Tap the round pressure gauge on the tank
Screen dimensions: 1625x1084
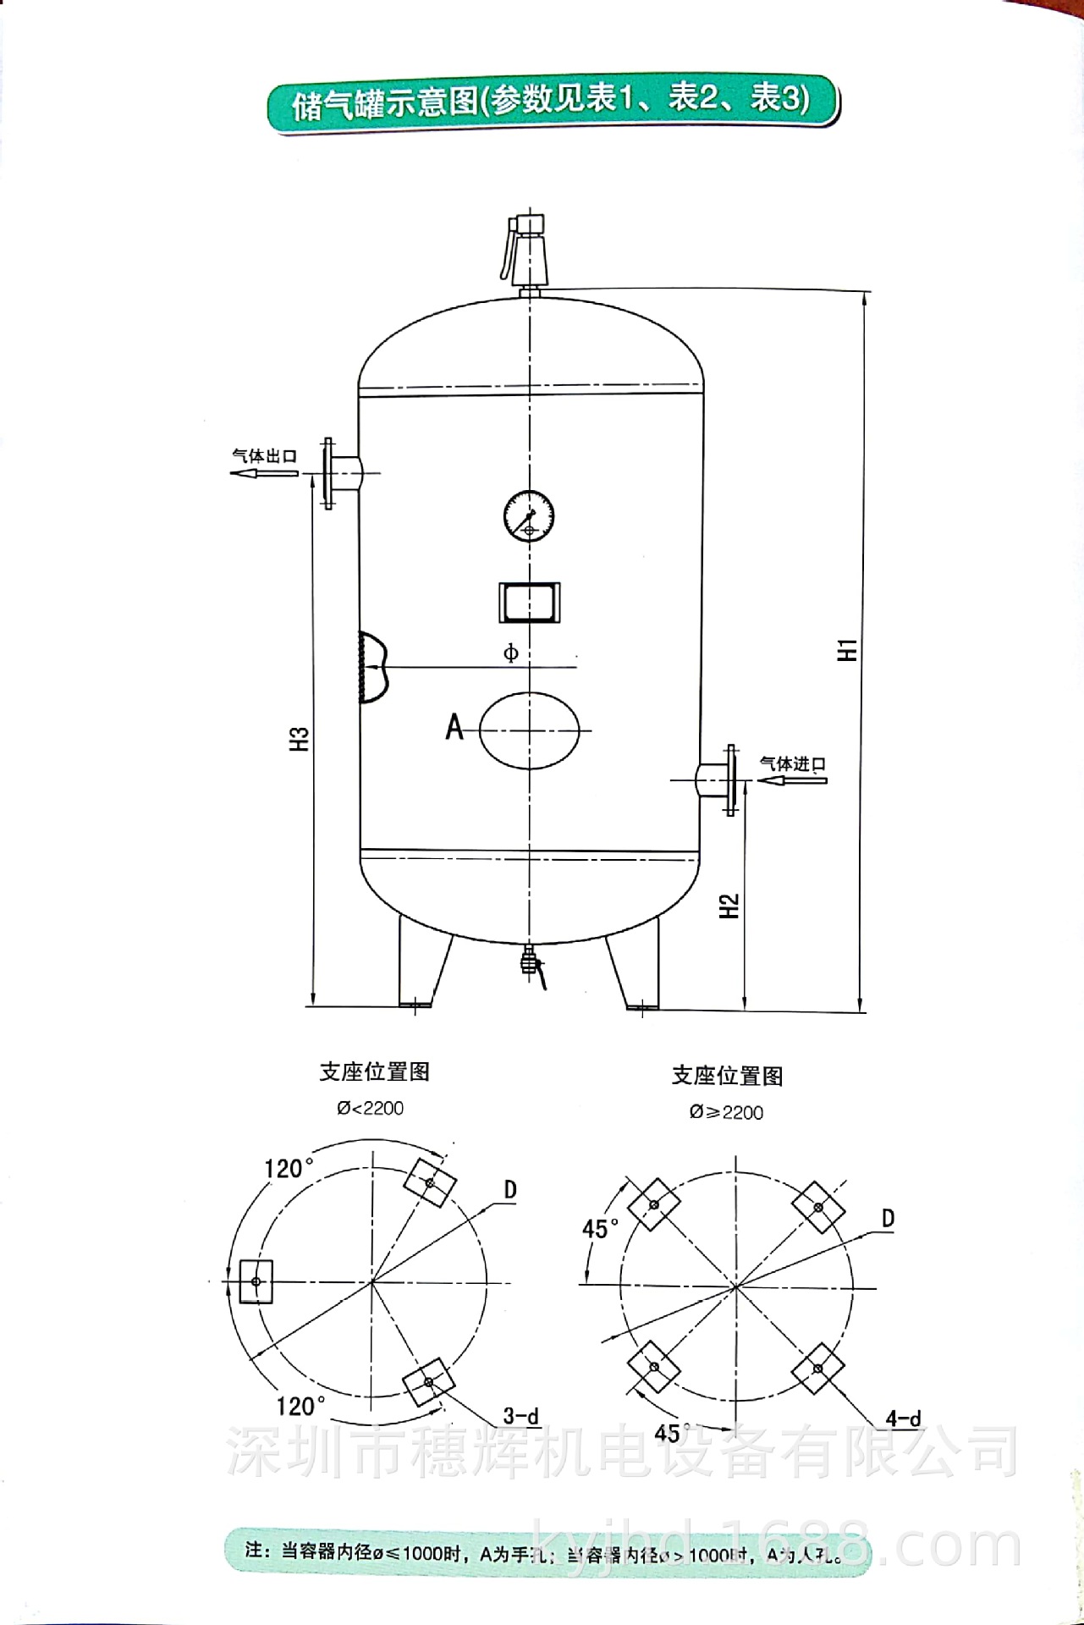pos(529,515)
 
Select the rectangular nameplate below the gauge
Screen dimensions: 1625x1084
pos(530,603)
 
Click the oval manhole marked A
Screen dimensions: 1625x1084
pos(531,730)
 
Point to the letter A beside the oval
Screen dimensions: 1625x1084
pos(454,726)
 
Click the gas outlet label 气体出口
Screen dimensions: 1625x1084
pos(265,455)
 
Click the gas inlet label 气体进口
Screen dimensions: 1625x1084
pos(792,763)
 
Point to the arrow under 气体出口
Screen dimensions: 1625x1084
pos(264,472)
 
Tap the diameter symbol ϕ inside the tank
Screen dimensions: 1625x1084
pos(510,653)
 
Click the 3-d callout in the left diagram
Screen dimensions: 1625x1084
pos(520,1415)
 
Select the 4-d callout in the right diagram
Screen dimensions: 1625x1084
pos(903,1418)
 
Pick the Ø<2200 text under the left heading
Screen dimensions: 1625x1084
pos(370,1109)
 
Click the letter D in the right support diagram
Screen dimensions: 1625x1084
pos(888,1219)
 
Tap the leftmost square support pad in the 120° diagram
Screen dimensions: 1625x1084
pos(256,1281)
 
